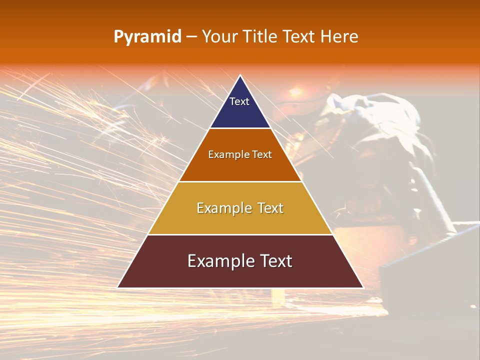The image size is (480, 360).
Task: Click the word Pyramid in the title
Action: [x=147, y=36]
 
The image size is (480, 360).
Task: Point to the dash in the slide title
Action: [x=191, y=37]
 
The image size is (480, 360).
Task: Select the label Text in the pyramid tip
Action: [x=239, y=101]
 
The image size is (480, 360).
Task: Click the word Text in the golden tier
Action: [x=268, y=208]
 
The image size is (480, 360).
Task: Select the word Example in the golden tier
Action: [x=223, y=208]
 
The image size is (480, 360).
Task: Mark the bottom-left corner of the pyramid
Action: [x=117, y=287]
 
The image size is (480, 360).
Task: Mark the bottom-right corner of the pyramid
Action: [x=363, y=287]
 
